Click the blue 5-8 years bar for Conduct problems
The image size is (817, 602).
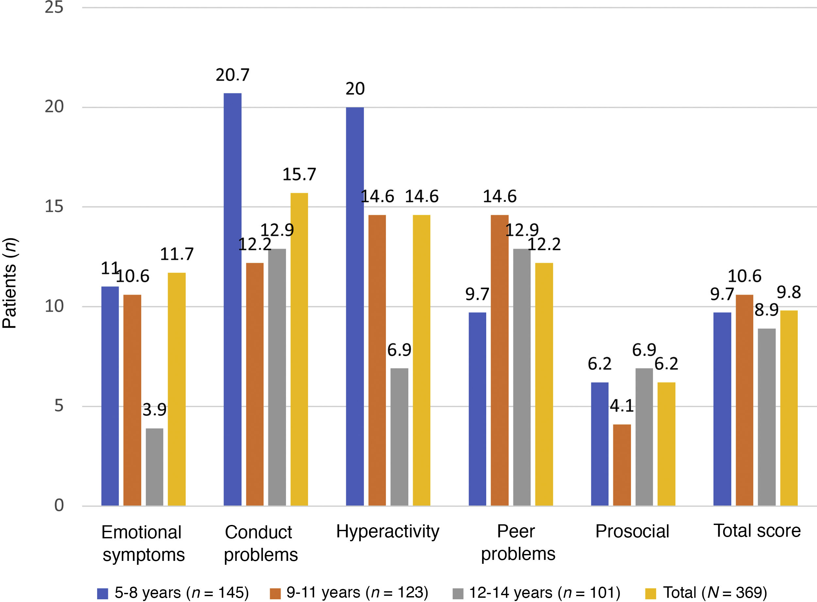pos(232,299)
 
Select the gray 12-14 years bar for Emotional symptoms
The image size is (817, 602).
pos(154,467)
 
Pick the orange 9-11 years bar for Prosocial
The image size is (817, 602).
pos(622,465)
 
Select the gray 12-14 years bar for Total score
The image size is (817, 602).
pos(766,417)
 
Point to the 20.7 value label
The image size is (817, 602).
pos(232,75)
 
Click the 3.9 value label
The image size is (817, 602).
pos(154,410)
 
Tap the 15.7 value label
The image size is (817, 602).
pos(299,175)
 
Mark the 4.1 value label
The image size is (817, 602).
pos(622,406)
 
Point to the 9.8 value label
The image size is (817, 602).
pos(789,292)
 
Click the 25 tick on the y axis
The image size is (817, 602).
pos(54,7)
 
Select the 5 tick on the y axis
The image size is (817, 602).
pos(59,405)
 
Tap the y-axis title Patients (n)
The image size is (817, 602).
pos(9,283)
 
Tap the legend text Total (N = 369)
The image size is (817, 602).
pos(715,593)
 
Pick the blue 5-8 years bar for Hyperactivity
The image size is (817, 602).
pos(355,306)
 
